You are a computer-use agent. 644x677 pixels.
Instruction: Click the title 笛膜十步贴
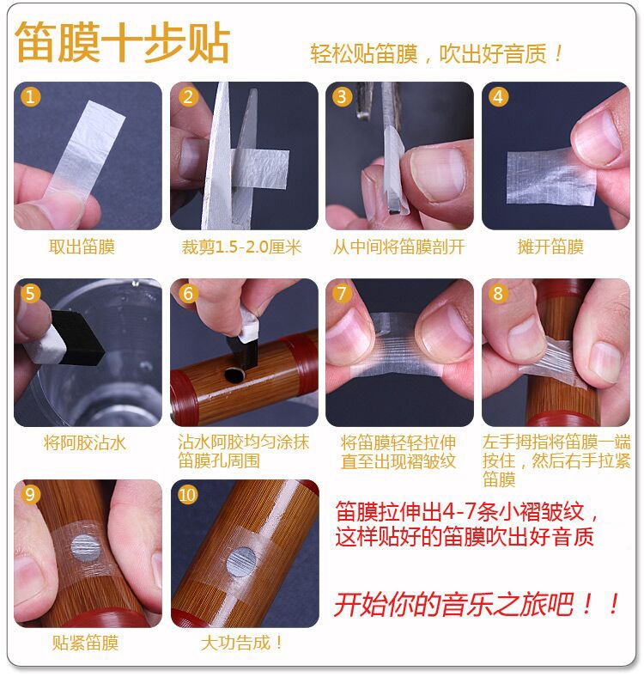coord(123,43)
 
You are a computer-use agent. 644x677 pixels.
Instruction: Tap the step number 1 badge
coord(30,97)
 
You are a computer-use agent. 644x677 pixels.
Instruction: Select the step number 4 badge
coord(498,97)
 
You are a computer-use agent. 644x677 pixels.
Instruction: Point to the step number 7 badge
coord(342,294)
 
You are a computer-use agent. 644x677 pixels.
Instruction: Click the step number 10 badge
coord(187,494)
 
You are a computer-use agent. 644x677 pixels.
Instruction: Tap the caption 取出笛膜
coord(82,247)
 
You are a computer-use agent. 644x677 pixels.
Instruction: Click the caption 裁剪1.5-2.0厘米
coord(241,247)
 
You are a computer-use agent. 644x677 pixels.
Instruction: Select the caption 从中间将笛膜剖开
coord(398,247)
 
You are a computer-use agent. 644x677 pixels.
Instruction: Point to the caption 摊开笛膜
coord(550,247)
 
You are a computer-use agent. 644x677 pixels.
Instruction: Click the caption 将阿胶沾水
coord(85,443)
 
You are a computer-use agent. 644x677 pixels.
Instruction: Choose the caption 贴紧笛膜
coord(85,643)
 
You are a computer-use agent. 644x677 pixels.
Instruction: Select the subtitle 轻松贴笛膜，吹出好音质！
coord(436,54)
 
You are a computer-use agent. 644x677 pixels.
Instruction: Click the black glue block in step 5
coord(77,337)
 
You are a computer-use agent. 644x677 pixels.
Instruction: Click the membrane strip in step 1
coord(82,153)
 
